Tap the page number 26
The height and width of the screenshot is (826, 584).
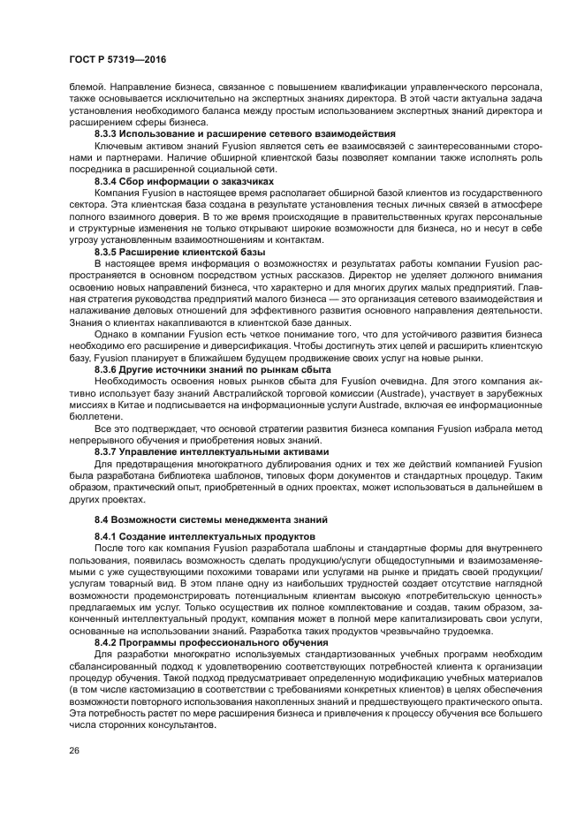click(75, 750)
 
